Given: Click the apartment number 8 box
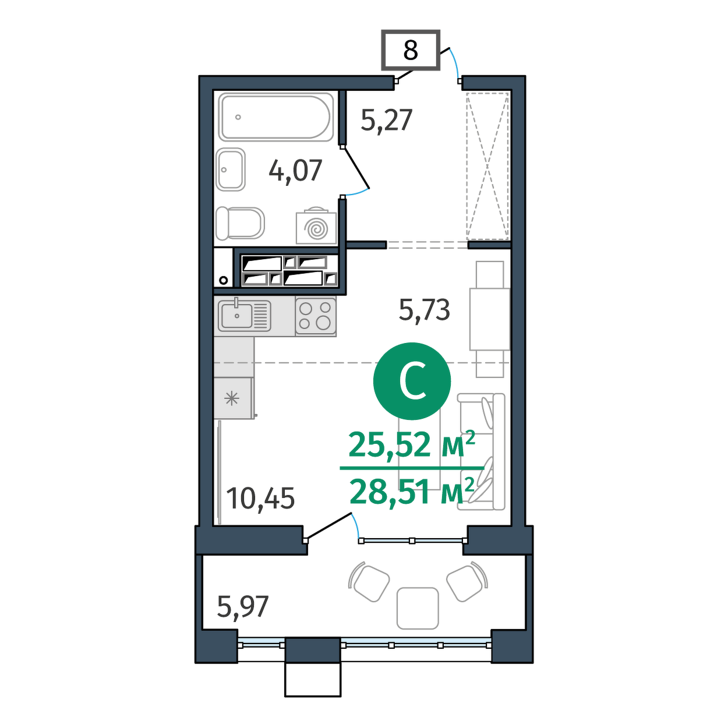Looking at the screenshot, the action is [x=411, y=50].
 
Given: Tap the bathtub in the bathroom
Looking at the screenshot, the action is [x=277, y=117].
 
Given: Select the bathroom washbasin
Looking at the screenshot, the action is [x=231, y=169].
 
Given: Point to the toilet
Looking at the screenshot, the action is [x=240, y=223].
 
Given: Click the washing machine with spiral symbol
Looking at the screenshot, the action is [x=316, y=227].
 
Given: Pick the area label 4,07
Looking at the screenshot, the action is [x=295, y=171].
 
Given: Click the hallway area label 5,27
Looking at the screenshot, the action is [x=386, y=120].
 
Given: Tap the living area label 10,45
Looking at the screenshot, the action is [x=261, y=499].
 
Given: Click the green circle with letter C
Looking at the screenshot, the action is [x=412, y=381].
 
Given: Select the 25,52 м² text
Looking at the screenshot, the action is [x=412, y=444].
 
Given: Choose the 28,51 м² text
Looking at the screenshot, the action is [x=412, y=491].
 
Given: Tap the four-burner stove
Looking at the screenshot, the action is [x=316, y=316].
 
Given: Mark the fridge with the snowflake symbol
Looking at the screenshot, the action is [x=233, y=398].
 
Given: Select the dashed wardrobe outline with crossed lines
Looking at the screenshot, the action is [x=487, y=166].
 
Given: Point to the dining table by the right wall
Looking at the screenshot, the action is [x=490, y=319].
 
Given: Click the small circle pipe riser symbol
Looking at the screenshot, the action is [x=224, y=280].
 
